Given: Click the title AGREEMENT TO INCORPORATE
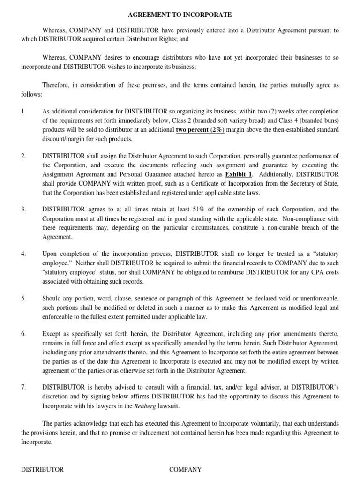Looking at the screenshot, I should coord(180,15).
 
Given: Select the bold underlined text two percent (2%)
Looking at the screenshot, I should coord(200,130).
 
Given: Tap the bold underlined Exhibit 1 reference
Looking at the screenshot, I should coord(241,174).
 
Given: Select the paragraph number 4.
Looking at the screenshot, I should coord(23,254).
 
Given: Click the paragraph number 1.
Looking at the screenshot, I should coord(23,112).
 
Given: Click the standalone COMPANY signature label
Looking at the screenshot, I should coord(186,469).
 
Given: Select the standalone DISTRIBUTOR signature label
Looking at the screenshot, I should coord(43,469).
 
